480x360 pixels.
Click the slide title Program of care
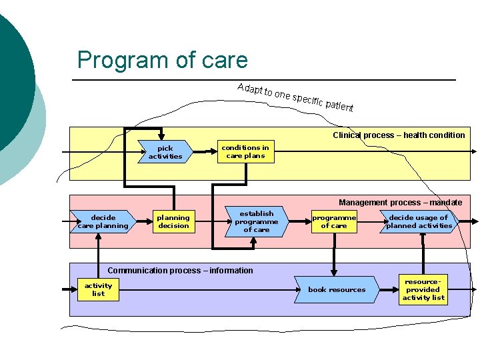point(162,60)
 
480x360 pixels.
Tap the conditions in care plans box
point(245,152)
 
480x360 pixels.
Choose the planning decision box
point(173,222)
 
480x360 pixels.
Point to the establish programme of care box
point(257,222)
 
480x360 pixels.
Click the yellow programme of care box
point(334,222)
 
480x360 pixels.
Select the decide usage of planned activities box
point(419,222)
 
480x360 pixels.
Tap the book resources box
point(337,290)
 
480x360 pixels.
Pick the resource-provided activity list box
point(423,290)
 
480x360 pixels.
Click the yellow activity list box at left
point(98,290)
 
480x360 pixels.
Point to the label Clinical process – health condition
point(399,135)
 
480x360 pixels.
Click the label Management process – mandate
point(400,203)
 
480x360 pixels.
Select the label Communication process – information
point(180,271)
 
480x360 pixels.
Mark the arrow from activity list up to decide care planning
point(98,257)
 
